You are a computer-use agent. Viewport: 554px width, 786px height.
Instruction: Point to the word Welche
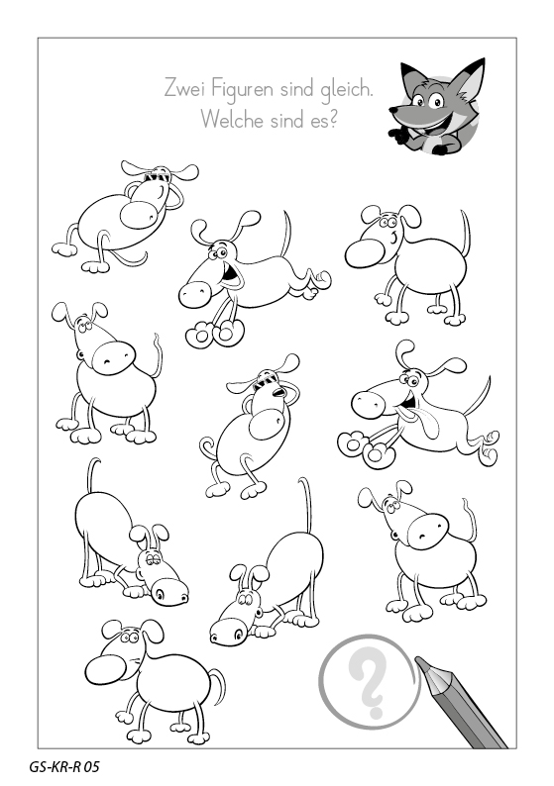[x=232, y=120]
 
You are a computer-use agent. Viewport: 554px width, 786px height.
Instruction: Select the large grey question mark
[x=371, y=684]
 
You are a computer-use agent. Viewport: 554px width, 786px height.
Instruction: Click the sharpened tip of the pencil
[x=419, y=661]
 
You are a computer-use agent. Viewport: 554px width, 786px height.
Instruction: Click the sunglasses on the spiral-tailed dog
[x=270, y=382]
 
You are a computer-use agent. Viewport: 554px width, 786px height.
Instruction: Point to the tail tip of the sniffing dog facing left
[x=302, y=481]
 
